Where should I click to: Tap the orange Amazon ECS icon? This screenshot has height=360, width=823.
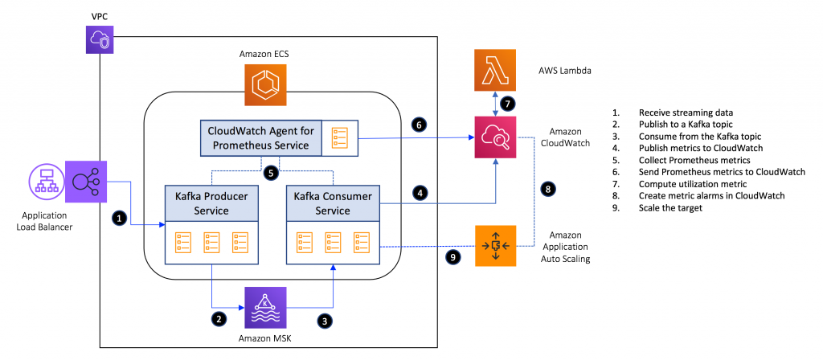266,84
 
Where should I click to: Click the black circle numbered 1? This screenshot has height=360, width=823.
119,217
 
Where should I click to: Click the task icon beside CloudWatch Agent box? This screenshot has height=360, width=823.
341,138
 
